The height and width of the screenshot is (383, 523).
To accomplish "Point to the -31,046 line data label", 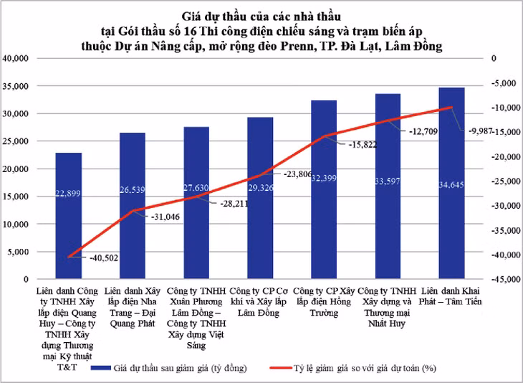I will (168, 217).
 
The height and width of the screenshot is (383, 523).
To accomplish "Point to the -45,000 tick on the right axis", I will (505, 280).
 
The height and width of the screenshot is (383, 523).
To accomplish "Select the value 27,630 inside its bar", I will (196, 188).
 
